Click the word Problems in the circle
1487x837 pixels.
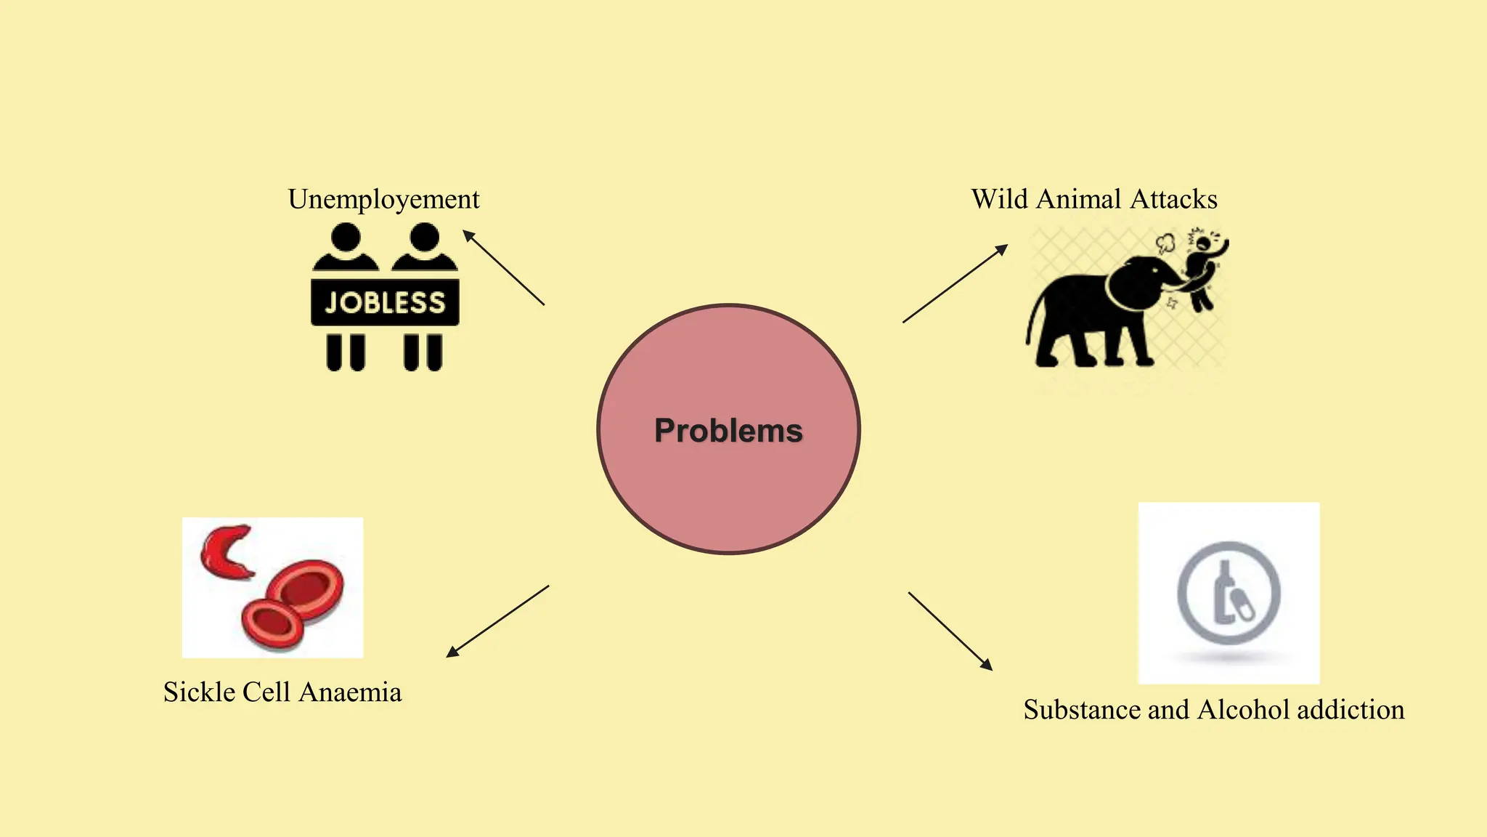(728, 431)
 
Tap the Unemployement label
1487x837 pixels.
(383, 200)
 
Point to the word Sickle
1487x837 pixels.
(199, 692)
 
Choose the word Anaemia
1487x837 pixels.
(350, 692)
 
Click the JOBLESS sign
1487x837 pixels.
(385, 302)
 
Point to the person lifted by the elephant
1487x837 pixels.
(1205, 270)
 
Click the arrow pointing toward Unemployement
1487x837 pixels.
(503, 267)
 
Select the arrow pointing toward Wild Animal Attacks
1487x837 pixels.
(956, 283)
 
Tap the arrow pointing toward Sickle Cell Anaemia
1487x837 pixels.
(497, 621)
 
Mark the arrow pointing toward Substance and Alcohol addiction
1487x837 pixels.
(950, 631)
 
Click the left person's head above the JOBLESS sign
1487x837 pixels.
(346, 237)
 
